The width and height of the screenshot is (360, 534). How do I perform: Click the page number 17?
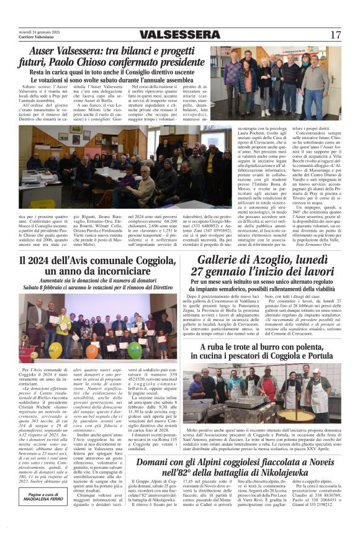pyautogui.click(x=336, y=35)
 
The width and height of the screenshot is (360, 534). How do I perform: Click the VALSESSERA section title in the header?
pyautogui.click(x=180, y=35)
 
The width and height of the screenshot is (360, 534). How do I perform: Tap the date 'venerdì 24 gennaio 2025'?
pyautogui.click(x=38, y=30)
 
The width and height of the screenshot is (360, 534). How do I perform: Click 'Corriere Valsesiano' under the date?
pyautogui.click(x=34, y=37)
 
